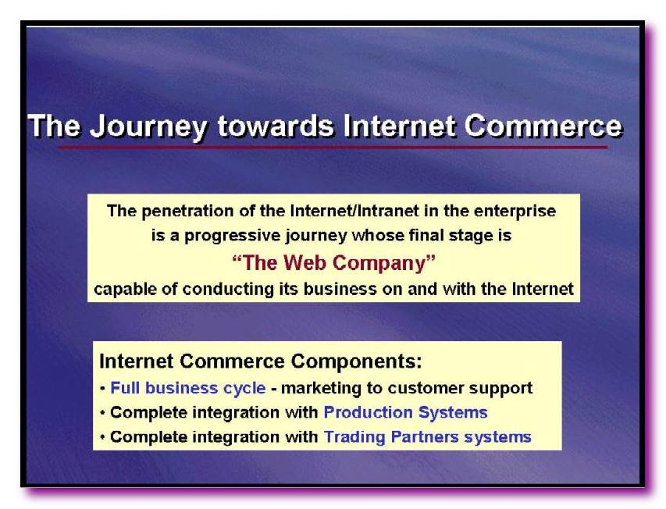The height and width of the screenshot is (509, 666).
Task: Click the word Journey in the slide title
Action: (x=148, y=127)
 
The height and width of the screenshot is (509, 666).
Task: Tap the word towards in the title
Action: (x=276, y=126)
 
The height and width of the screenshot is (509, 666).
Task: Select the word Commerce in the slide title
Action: (x=543, y=126)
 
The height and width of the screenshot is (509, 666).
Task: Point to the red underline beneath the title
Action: (x=333, y=148)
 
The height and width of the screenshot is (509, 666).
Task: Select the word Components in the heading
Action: (x=356, y=361)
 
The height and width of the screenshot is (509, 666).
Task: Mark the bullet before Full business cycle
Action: (x=102, y=389)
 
